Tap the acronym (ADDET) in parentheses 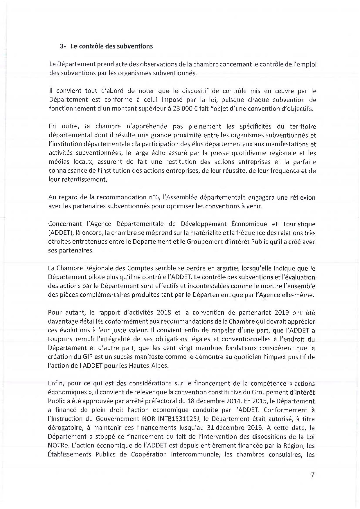tap(57, 233)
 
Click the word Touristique tap(299, 224)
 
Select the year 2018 tap(163, 313)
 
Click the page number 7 tap(312, 475)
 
